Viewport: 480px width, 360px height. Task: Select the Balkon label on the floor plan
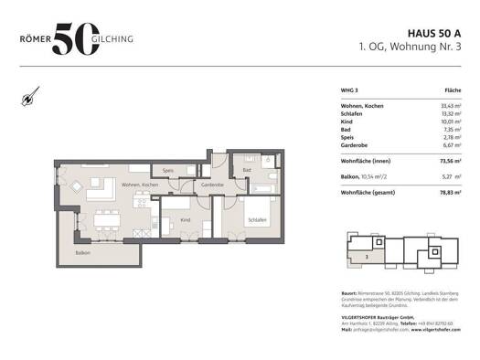[83, 252]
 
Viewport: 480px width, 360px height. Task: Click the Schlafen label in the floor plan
[256, 220]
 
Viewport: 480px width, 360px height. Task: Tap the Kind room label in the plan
[185, 220]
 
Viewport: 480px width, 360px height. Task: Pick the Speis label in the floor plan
[168, 171]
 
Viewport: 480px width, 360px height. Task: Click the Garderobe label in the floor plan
[212, 185]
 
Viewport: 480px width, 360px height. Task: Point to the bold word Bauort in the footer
[348, 292]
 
